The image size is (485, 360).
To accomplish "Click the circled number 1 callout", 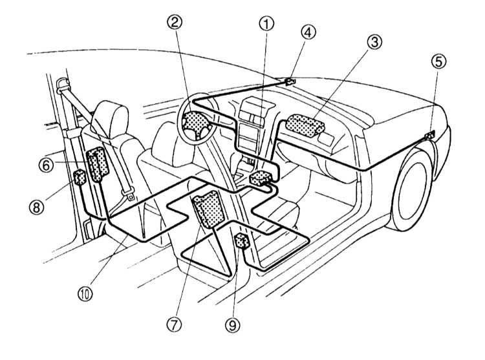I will point(266,25).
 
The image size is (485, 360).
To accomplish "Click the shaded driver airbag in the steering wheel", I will point(194,122).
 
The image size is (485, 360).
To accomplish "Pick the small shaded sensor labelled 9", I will point(243,242).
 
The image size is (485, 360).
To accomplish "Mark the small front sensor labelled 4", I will point(288,81).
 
